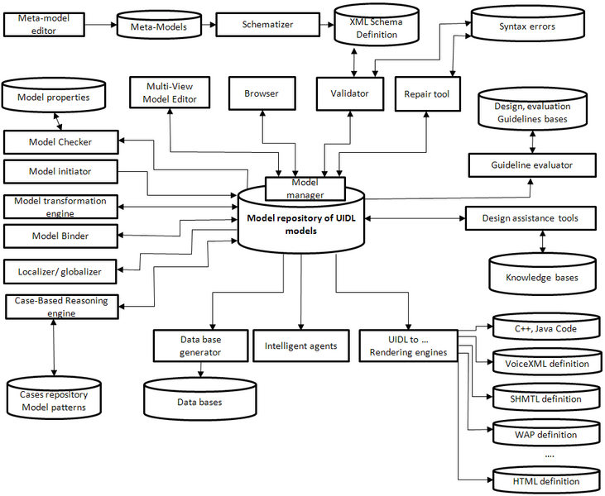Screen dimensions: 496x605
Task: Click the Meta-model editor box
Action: pos(44,25)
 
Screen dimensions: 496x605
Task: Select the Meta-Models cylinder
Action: pos(158,26)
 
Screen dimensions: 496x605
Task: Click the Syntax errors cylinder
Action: pos(526,26)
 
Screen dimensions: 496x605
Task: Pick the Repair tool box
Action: pos(426,94)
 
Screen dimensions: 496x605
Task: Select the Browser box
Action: pos(261,94)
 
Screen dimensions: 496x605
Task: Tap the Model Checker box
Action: pos(60,142)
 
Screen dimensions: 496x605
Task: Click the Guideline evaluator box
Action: pos(532,165)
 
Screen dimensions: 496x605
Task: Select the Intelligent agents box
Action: pos(300,346)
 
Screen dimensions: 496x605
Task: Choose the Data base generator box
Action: pos(200,346)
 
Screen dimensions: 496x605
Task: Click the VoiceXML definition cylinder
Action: pos(546,363)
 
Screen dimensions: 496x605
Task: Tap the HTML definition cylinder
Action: pos(546,480)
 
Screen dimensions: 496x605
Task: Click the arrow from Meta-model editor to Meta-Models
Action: pos(101,26)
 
